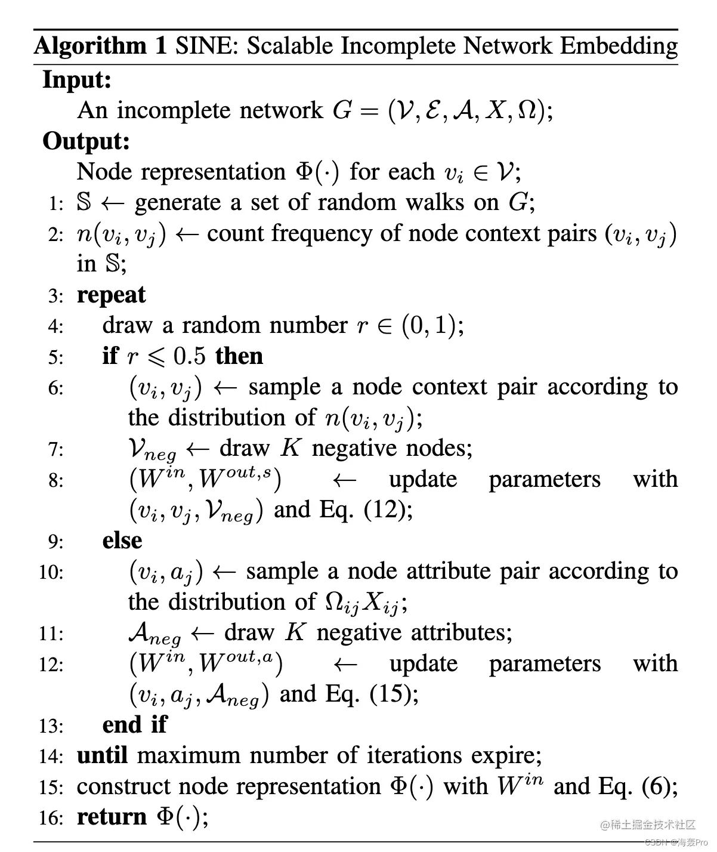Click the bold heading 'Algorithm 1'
click(x=100, y=46)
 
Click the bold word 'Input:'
click(x=77, y=79)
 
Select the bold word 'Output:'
click(x=86, y=141)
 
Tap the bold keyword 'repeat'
click(x=111, y=295)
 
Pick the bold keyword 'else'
click(x=122, y=541)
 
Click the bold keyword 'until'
click(x=102, y=756)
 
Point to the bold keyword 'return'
click(x=112, y=817)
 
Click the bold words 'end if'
click(x=134, y=725)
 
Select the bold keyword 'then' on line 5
click(x=239, y=356)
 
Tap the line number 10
click(x=51, y=572)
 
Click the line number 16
click(x=51, y=817)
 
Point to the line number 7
click(x=56, y=449)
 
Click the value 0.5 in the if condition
click(x=189, y=356)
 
